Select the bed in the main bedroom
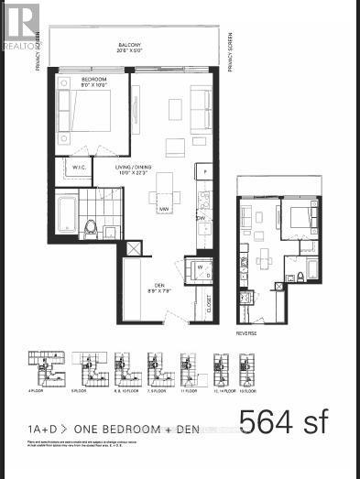point(90,115)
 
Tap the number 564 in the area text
point(267,423)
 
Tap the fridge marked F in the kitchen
point(206,171)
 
